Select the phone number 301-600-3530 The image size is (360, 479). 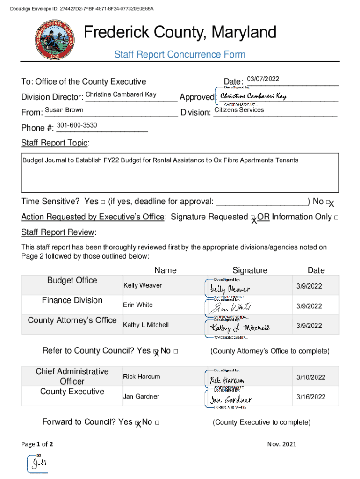77,125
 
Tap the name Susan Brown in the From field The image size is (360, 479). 64,110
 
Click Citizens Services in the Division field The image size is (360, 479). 239,110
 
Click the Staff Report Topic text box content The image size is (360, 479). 160,160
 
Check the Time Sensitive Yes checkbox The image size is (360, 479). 102,202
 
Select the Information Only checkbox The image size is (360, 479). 336,218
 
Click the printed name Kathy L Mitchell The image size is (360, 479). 146,325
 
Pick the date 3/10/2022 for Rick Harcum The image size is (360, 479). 310,377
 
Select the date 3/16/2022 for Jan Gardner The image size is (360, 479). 310,397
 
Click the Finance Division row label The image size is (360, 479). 72,300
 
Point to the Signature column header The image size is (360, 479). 250,270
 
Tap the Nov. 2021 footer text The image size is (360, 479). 281,444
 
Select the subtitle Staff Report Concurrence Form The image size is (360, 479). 180,55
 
